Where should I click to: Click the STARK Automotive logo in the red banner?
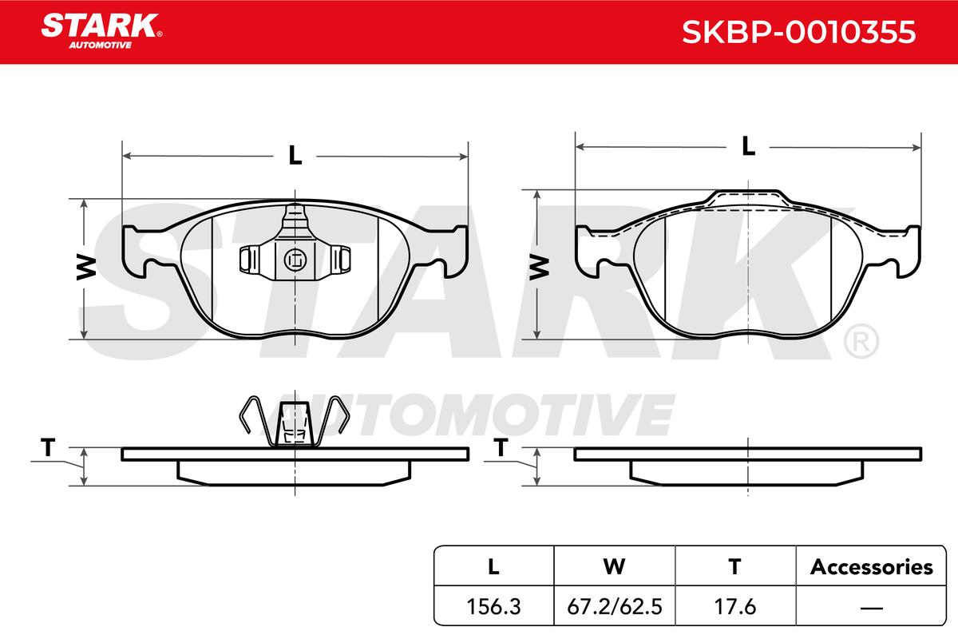coord(101,31)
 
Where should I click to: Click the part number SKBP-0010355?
coord(798,32)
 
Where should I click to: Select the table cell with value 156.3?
coord(493,606)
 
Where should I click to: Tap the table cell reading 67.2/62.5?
coord(615,606)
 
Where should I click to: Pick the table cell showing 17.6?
coord(735,606)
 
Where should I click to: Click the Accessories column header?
coord(871,566)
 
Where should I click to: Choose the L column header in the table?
coord(493,566)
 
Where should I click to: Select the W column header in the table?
coord(615,566)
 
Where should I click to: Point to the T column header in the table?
coord(735,566)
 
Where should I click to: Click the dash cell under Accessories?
coord(871,606)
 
